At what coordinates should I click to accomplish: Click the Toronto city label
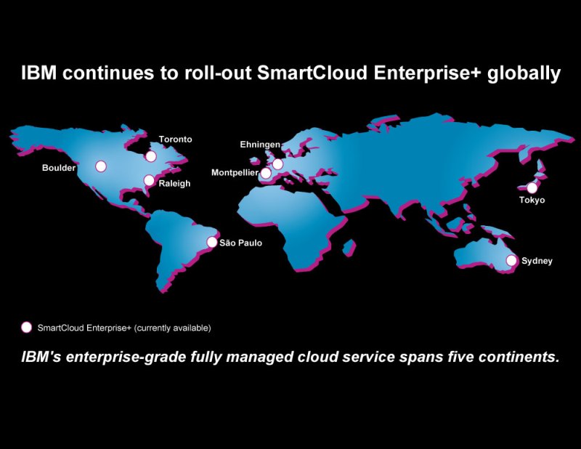(x=175, y=139)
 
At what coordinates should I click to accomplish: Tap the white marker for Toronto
(x=151, y=156)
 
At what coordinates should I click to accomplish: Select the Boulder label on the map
(x=59, y=168)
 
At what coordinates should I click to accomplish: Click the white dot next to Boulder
(x=101, y=166)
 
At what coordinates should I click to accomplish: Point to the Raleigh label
(x=174, y=184)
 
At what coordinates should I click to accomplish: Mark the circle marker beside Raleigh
(x=149, y=181)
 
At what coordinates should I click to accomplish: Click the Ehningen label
(x=260, y=145)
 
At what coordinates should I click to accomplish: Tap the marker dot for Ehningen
(x=277, y=164)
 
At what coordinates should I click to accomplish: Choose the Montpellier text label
(x=235, y=173)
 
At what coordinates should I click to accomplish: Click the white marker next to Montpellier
(x=266, y=173)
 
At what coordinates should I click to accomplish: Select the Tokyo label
(x=532, y=201)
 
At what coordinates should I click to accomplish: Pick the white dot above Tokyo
(x=532, y=188)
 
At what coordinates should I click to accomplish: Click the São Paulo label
(x=241, y=243)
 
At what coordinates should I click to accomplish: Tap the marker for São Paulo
(x=212, y=242)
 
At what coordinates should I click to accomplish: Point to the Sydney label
(x=537, y=261)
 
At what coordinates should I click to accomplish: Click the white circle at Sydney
(x=511, y=261)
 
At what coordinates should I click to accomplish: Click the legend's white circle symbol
(x=26, y=328)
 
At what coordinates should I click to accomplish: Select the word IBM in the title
(x=39, y=73)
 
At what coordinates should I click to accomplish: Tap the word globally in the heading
(x=524, y=74)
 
